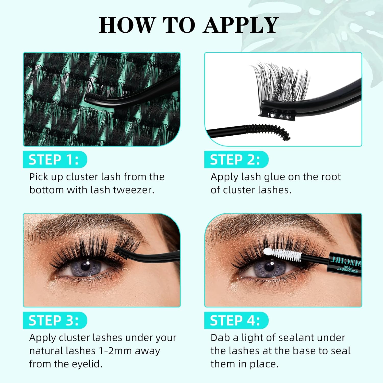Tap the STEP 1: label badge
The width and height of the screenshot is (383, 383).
(54, 160)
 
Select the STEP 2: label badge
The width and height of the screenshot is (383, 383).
(236, 160)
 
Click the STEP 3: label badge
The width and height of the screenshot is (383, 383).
(54, 320)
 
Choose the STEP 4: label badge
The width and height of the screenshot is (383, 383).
(236, 320)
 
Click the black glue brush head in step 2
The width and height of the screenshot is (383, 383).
(268, 130)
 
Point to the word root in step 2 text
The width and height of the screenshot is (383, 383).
(331, 177)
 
